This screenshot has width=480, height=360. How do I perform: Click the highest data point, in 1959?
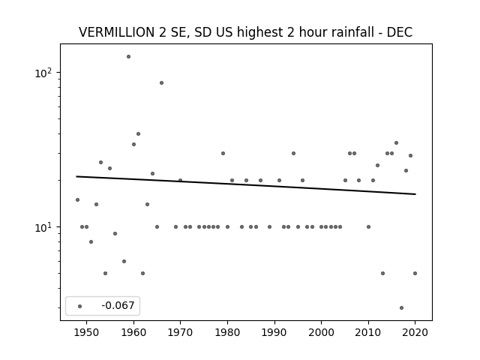(x=128, y=57)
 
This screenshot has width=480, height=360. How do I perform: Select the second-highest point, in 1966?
(x=162, y=83)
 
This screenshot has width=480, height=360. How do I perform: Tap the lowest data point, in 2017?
(x=402, y=308)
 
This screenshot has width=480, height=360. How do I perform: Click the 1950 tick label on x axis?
(x=87, y=332)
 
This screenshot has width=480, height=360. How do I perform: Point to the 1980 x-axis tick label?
(x=227, y=332)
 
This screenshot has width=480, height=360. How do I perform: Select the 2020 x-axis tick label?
(x=415, y=332)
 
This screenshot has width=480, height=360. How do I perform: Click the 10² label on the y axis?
(x=43, y=73)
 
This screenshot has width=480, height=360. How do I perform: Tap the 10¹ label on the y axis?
(x=43, y=227)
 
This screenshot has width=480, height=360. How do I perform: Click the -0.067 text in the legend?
(x=118, y=305)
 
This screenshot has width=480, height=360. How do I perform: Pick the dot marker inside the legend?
(x=80, y=307)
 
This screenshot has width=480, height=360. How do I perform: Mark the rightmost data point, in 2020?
(x=415, y=273)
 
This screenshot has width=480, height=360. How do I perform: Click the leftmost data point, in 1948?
(x=77, y=200)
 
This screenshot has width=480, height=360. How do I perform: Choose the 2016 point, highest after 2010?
(x=397, y=143)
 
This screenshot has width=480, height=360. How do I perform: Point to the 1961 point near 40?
(x=138, y=133)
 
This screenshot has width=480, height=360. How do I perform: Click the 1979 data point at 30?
(x=223, y=153)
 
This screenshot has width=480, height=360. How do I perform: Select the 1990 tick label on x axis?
(x=274, y=332)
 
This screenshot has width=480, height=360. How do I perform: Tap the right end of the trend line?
(x=415, y=194)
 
